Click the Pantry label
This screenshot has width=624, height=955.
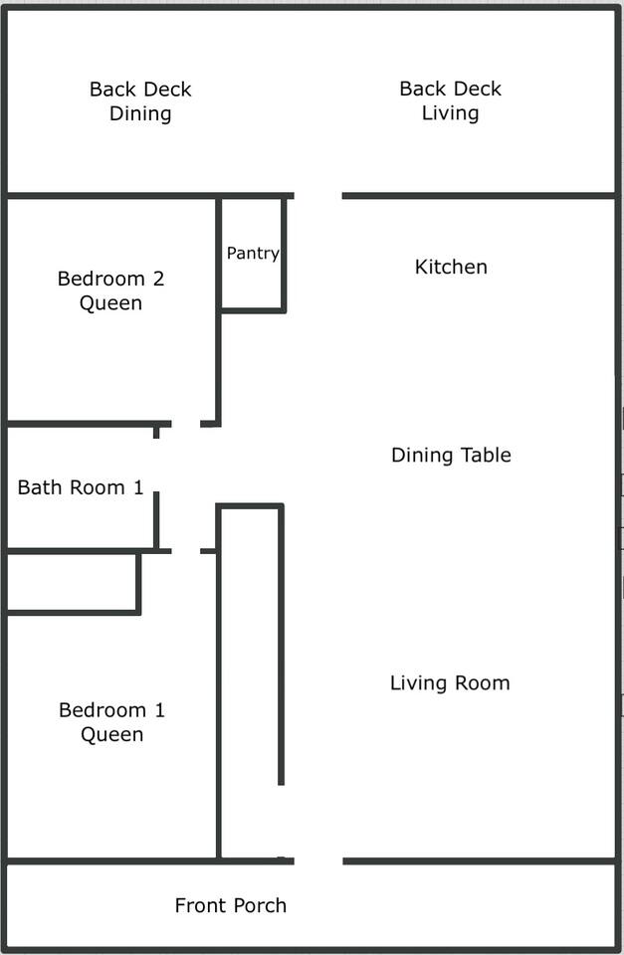coord(253,254)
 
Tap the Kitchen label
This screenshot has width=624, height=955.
coord(451,267)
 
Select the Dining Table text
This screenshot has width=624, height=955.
coord(451,455)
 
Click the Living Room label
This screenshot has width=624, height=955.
coord(450,683)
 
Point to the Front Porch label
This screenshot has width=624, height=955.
coord(230,905)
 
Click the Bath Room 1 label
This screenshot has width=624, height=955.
coord(81,487)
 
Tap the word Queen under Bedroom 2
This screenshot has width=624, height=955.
coord(110,303)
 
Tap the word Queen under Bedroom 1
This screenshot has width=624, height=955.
coord(112,734)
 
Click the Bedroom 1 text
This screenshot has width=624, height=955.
coord(112,710)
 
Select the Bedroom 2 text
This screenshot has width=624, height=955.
coord(110,279)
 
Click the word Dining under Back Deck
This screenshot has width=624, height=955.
coord(140,113)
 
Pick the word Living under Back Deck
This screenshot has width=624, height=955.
coord(450,113)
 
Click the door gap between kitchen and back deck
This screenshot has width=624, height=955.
coord(318,196)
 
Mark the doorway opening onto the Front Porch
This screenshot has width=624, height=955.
coord(318,861)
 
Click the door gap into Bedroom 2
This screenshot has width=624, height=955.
coord(186,424)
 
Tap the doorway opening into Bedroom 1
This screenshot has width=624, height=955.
coord(186,551)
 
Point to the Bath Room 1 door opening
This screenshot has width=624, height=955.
coord(156,466)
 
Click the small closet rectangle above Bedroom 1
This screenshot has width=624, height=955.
coord(72,582)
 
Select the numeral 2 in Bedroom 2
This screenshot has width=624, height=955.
coord(158,279)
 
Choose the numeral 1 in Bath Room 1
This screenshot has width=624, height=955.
coord(139,487)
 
